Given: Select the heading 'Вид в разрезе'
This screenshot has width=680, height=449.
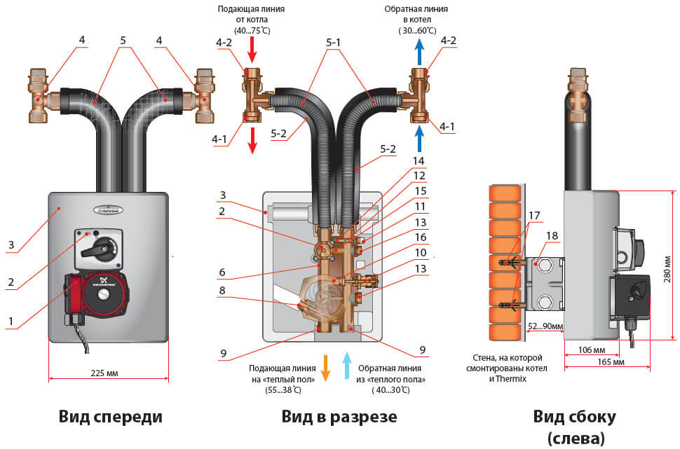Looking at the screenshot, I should coord(339,417).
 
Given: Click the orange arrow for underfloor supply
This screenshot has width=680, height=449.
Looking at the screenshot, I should coord(325,368).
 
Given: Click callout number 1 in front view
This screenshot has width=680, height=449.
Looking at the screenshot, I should coord(11,321).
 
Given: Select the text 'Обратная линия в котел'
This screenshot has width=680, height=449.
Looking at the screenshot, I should coord(416,18).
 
